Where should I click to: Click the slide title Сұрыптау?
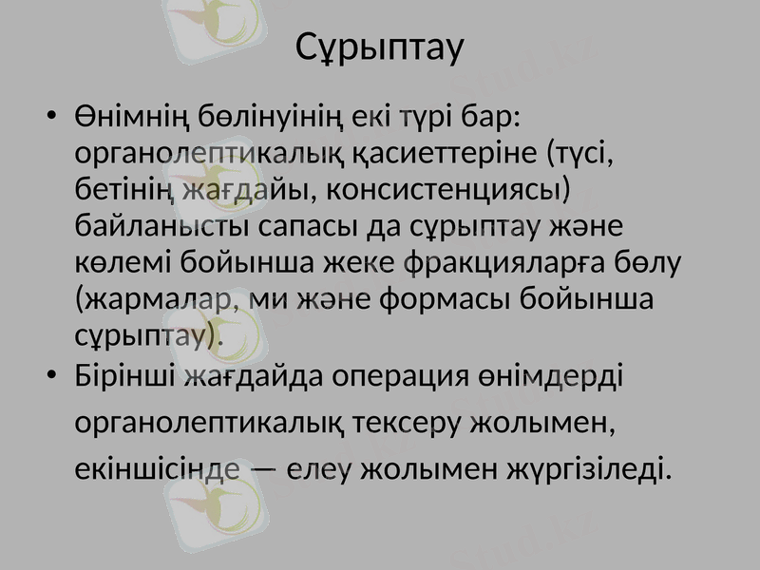click(379, 47)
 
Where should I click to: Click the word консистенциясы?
click(446, 189)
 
